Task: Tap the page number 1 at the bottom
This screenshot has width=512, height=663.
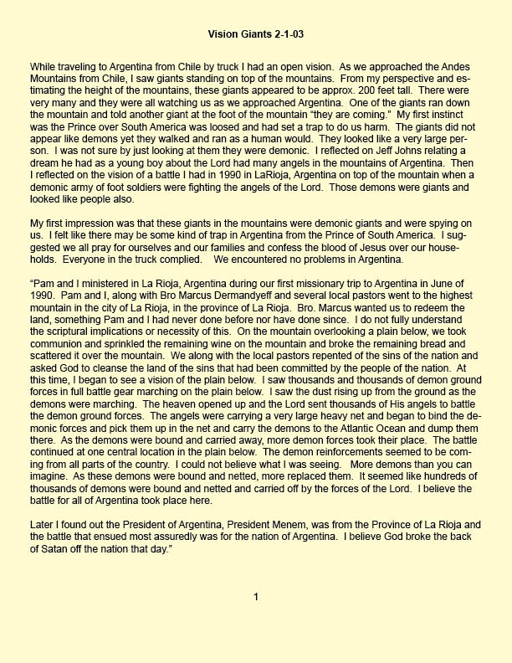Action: pyautogui.click(x=256, y=597)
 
